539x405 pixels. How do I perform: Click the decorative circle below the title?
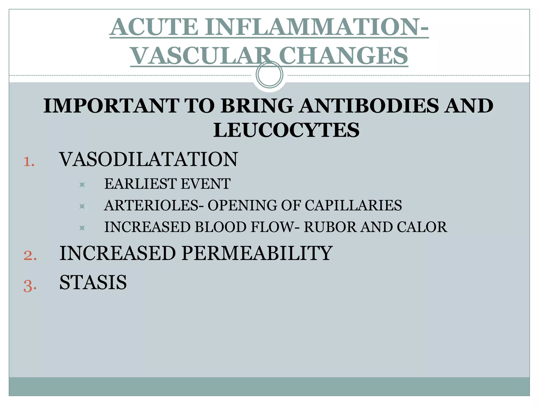269,75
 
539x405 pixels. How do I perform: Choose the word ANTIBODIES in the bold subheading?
369,106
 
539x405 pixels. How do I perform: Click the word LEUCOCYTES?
286,130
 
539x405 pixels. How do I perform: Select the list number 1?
29,162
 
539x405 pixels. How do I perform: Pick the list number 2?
30,255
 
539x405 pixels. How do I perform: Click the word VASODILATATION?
149,160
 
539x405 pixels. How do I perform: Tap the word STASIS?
93,282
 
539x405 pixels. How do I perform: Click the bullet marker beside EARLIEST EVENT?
82,185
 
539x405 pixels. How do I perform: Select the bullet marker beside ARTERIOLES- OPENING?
82,206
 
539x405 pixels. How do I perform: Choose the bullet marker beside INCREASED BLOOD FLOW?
82,228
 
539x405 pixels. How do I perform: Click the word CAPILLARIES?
353,205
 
